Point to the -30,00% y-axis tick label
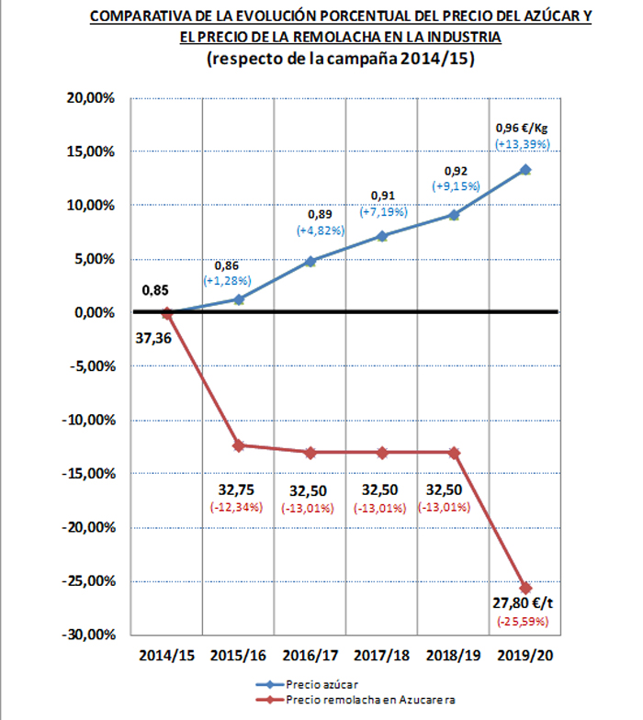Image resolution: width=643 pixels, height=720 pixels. [x=91, y=635]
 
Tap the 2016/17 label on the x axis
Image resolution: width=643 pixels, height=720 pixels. [x=310, y=657]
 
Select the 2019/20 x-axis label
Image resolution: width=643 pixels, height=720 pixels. [x=525, y=657]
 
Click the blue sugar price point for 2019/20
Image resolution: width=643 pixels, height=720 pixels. [x=525, y=170]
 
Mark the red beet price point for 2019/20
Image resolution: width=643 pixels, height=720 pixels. [x=525, y=588]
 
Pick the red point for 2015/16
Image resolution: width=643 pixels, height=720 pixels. [x=239, y=445]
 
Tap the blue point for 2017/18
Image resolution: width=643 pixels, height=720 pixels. [x=382, y=236]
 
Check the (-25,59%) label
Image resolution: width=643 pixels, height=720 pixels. [x=523, y=623]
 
